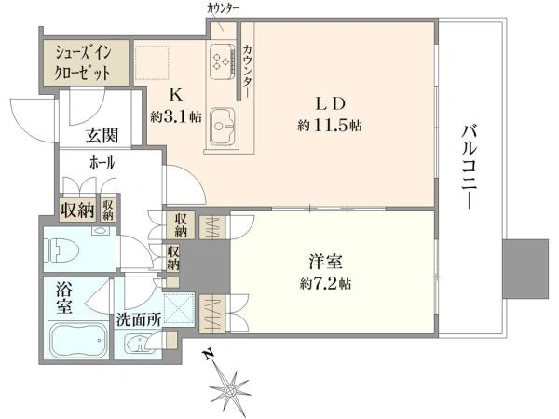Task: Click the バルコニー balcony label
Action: (x=469, y=167)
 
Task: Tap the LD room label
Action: (x=330, y=103)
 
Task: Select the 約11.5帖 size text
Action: (x=330, y=126)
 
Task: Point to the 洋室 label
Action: (x=326, y=262)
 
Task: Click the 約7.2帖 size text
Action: (x=326, y=284)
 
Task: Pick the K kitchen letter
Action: (x=175, y=95)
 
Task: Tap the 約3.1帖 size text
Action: (x=176, y=116)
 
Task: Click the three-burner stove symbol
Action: (x=222, y=61)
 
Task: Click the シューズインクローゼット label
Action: (x=82, y=63)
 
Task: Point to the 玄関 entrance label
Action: (x=102, y=136)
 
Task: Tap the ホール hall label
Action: (x=102, y=163)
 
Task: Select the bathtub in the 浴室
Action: (x=78, y=340)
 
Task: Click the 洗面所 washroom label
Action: (x=139, y=320)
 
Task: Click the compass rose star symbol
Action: (x=228, y=390)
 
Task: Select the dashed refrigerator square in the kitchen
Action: (x=152, y=62)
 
